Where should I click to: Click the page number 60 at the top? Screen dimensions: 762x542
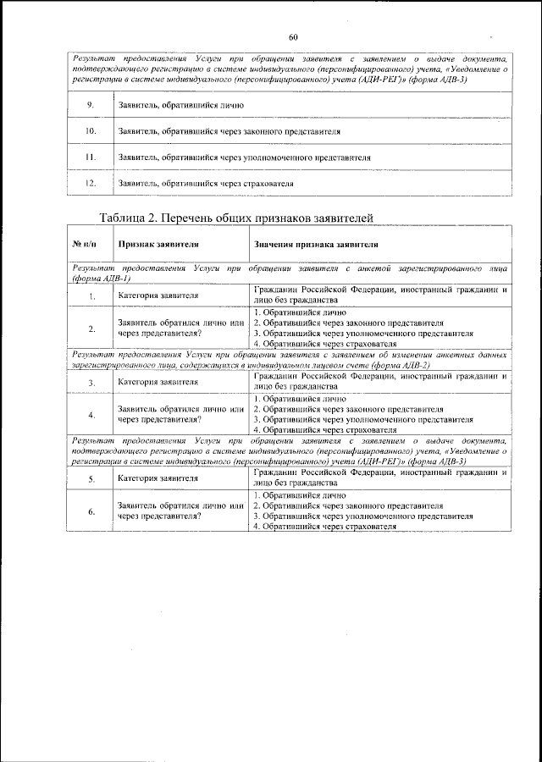pos(293,37)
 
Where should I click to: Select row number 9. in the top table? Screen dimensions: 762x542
pos(90,106)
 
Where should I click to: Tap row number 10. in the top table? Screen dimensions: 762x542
pos(90,132)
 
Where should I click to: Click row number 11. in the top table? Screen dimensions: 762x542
pos(90,157)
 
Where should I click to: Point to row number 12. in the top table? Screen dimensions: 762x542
pos(90,183)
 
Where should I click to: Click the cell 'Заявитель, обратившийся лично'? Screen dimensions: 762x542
pos(181,106)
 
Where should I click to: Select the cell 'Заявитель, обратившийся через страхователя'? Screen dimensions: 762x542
pos(206,183)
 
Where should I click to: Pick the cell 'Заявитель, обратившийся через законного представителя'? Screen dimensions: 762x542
pos(230,132)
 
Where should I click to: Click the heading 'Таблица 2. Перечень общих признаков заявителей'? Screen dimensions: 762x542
pos(236,218)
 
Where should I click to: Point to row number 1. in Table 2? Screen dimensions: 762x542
pos(90,296)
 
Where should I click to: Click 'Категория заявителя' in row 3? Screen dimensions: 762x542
pos(158,382)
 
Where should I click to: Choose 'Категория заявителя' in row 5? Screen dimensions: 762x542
pos(158,478)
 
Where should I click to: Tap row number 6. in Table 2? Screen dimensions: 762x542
pos(90,511)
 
